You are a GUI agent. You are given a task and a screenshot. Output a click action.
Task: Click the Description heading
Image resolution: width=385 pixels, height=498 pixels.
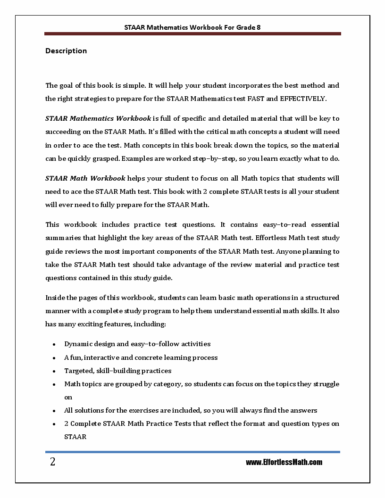(x=66, y=51)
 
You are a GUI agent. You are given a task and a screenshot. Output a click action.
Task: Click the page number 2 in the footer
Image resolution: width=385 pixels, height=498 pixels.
(x=52, y=462)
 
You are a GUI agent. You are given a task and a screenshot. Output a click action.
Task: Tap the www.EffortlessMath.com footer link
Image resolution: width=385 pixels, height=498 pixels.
(x=284, y=462)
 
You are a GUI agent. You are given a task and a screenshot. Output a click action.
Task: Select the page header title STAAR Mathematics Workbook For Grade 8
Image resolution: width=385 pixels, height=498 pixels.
(x=192, y=27)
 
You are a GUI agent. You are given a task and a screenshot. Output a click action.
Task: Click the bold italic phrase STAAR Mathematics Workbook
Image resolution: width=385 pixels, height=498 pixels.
(x=98, y=118)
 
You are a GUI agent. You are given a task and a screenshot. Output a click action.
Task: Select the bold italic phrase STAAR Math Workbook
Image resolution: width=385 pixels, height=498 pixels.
(x=85, y=178)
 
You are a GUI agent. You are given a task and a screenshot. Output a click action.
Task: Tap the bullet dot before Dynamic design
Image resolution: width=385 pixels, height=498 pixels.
(x=55, y=344)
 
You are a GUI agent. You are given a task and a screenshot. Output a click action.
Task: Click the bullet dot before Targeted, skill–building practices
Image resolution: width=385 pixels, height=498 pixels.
(x=55, y=371)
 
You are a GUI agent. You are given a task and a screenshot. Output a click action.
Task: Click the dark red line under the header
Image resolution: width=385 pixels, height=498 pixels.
(x=192, y=34)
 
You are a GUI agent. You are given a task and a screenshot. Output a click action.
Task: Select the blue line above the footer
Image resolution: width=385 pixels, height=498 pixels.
(x=192, y=452)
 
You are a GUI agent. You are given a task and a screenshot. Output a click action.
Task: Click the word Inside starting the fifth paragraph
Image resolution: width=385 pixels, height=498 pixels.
(x=55, y=298)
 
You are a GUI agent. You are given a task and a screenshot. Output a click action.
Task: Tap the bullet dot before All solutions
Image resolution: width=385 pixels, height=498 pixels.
(x=55, y=411)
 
